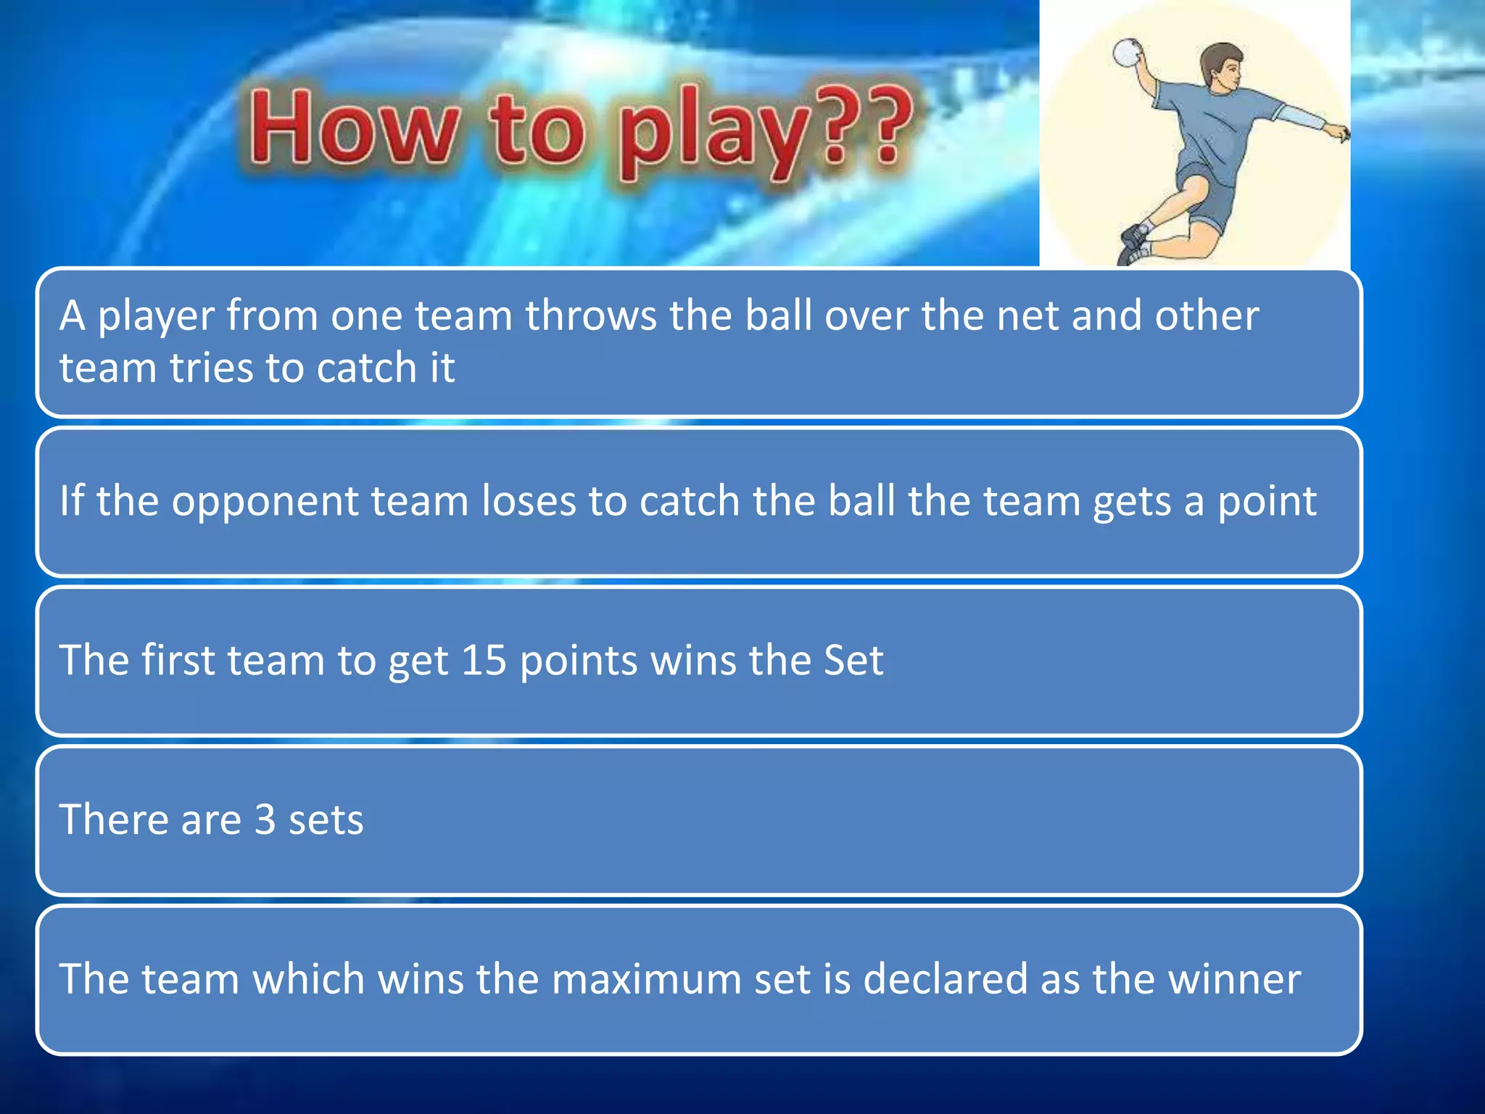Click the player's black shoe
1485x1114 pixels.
(x=1134, y=236)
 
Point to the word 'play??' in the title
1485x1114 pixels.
(x=765, y=131)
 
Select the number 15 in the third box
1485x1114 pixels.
(x=483, y=660)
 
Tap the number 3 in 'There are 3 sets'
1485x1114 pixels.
(x=265, y=820)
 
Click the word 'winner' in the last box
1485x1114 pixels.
(x=1234, y=979)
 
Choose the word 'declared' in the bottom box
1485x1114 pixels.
(x=946, y=979)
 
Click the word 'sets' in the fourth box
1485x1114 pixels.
(x=326, y=820)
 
